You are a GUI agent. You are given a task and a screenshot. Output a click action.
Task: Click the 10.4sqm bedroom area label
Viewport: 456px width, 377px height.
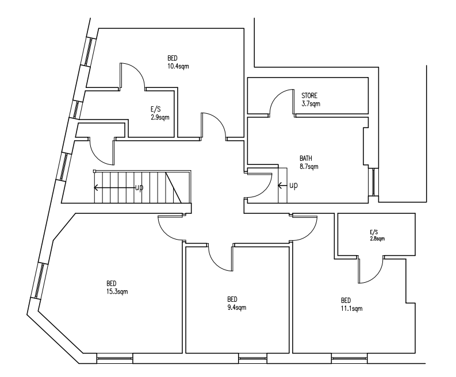click(178, 62)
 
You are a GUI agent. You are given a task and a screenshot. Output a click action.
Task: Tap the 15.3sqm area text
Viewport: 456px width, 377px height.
click(117, 287)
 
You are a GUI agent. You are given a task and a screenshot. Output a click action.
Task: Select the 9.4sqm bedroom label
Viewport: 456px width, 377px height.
click(237, 303)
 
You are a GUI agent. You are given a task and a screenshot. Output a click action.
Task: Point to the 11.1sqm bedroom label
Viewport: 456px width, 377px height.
click(351, 305)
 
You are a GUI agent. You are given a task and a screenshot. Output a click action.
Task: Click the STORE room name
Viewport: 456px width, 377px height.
click(309, 95)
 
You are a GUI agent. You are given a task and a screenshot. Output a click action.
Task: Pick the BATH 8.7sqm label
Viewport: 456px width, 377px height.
click(309, 163)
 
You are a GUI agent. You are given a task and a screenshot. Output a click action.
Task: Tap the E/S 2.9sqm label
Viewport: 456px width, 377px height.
click(160, 113)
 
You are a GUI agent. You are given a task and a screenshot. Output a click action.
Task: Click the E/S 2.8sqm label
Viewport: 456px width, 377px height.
click(377, 236)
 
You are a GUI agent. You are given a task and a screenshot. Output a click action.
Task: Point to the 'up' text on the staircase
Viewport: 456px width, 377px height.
click(139, 187)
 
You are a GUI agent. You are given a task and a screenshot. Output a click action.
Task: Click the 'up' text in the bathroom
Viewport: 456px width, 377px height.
click(293, 185)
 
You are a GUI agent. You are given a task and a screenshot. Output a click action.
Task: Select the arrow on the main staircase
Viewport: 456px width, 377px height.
click(114, 188)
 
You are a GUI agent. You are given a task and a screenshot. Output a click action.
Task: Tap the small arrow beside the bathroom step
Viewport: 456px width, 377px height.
click(283, 186)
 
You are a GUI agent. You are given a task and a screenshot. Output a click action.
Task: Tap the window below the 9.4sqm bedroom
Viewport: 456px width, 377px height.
click(252, 359)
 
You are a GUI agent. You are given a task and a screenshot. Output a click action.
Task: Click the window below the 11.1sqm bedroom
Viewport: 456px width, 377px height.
click(349, 359)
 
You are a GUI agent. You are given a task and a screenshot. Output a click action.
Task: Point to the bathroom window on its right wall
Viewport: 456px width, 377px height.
click(373, 182)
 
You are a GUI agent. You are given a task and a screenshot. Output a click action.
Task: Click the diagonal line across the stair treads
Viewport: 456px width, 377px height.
click(173, 187)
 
